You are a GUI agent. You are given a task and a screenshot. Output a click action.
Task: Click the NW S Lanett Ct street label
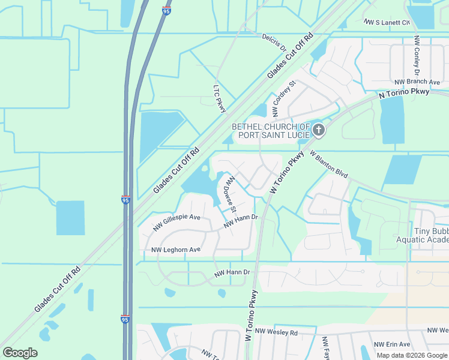pyautogui.click(x=387, y=22)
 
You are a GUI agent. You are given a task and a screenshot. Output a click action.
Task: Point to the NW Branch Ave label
pyautogui.click(x=417, y=82)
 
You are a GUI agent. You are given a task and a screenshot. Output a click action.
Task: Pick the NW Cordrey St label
pyautogui.click(x=284, y=98)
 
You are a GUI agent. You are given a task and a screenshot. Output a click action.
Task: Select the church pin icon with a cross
pyautogui.click(x=319, y=130)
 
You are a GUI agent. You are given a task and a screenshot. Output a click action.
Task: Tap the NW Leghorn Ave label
pyautogui.click(x=175, y=250)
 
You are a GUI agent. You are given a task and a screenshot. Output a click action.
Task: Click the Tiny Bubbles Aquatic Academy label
pyautogui.click(x=423, y=235)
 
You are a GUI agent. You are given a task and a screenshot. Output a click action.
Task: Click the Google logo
pyautogui.click(x=20, y=353)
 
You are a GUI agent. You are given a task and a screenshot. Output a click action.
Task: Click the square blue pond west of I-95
pyautogui.click(x=70, y=218)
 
